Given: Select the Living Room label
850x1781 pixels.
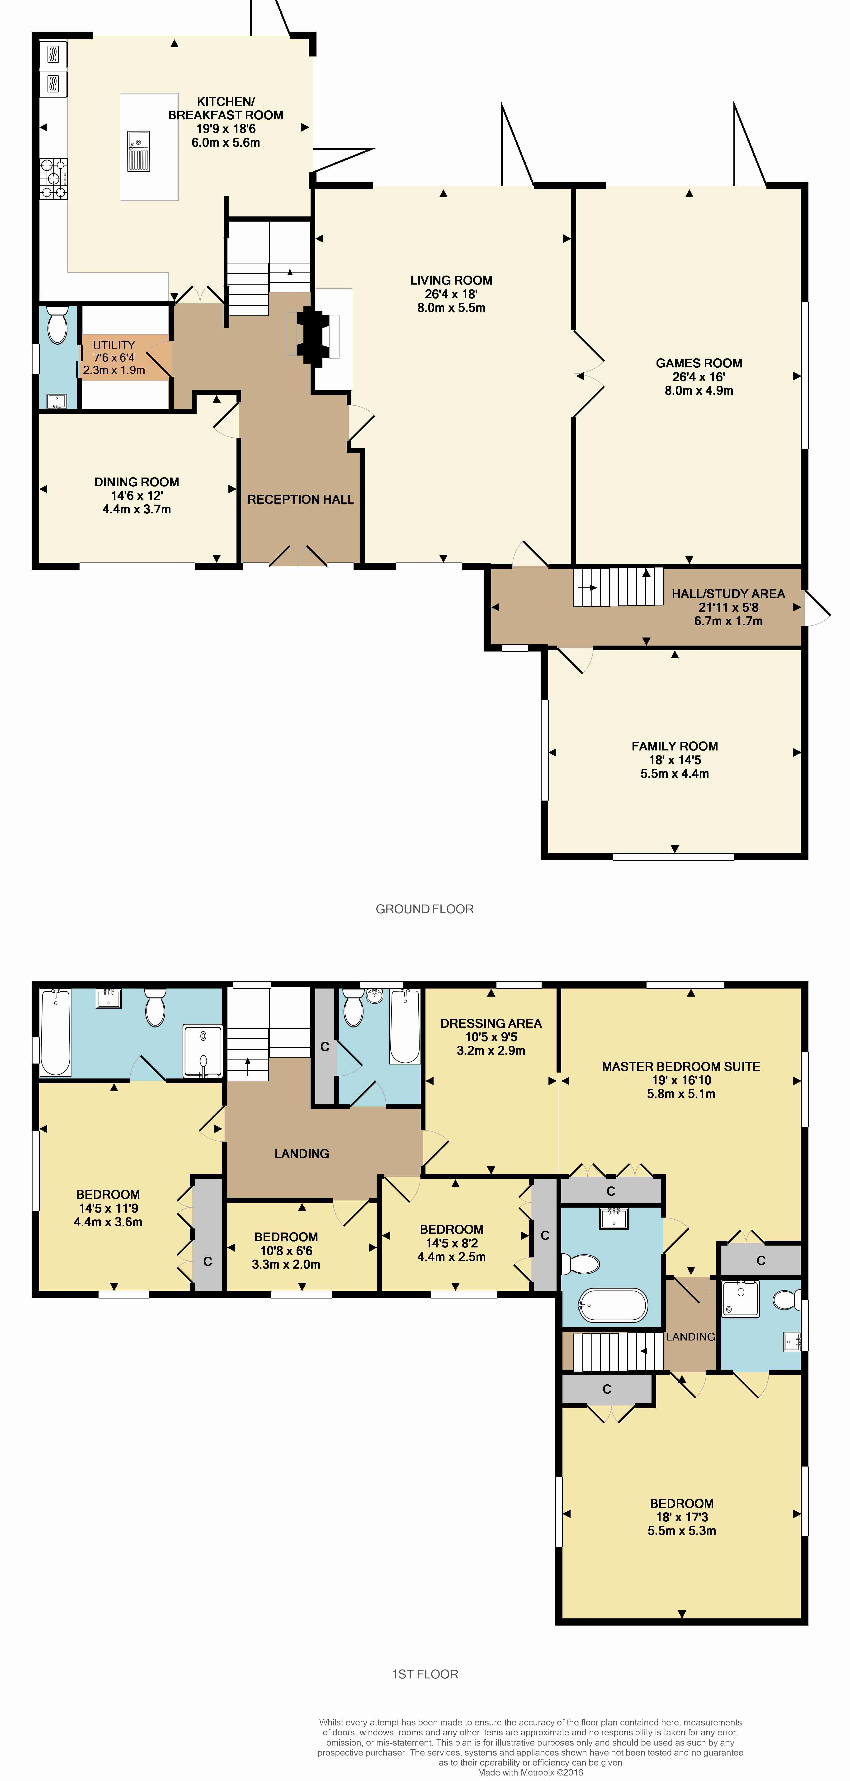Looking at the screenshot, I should click(x=451, y=280).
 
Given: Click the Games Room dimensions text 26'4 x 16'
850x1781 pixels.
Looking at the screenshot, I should click(x=699, y=377).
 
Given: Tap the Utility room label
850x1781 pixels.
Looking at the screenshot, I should click(x=114, y=345).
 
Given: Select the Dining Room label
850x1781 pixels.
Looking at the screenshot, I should click(x=136, y=482).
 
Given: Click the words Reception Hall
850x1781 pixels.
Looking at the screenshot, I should click(x=300, y=499).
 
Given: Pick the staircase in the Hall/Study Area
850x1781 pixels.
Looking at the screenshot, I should click(x=618, y=588).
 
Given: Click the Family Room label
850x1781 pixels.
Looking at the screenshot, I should click(x=674, y=746).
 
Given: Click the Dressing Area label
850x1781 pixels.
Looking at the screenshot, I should click(x=490, y=1023).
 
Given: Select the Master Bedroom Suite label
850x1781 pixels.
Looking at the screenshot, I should click(x=680, y=1067).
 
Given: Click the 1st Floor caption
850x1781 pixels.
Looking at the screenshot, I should click(x=425, y=1674).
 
